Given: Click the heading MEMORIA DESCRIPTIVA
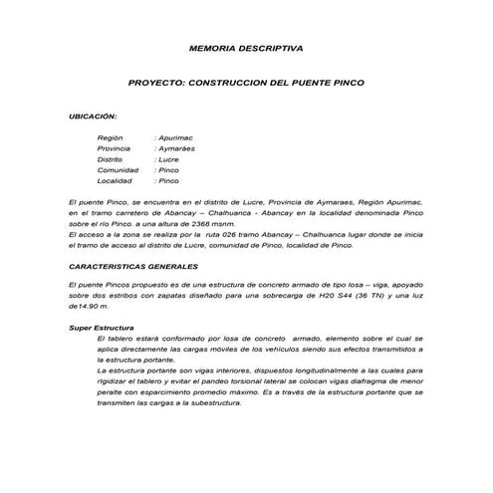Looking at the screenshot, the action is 246,48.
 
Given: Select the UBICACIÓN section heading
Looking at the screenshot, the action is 93,117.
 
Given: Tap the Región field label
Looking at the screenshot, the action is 111,137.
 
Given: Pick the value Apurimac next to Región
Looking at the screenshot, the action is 176,137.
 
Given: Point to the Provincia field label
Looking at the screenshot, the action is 115,148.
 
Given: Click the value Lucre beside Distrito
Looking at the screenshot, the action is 169,159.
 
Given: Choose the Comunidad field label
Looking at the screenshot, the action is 117,170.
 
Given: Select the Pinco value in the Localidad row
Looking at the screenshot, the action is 169,181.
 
